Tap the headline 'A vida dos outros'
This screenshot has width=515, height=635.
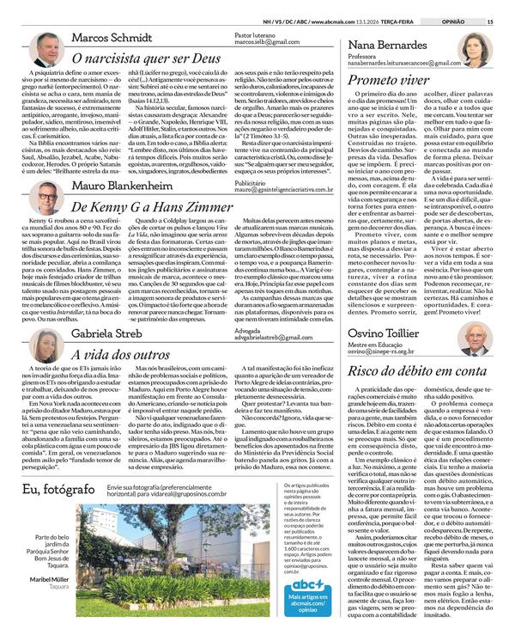118,353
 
